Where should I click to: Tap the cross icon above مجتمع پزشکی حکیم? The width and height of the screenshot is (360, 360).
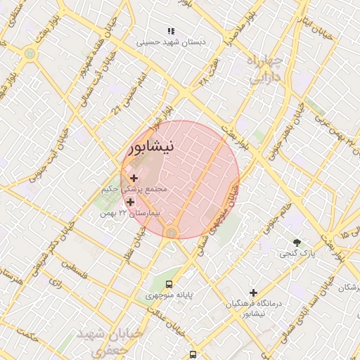(134, 179)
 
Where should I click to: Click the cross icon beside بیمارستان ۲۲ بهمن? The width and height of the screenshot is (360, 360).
(130, 202)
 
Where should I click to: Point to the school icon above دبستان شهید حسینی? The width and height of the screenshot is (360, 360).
(170, 31)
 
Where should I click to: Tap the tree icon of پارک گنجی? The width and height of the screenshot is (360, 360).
(297, 243)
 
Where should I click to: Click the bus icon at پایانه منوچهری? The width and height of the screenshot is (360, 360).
(169, 283)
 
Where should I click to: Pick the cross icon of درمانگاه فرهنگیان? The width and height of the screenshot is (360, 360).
(253, 292)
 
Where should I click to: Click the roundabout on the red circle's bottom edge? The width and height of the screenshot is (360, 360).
(172, 233)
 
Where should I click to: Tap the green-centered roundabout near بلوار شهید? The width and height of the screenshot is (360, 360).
(30, 53)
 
